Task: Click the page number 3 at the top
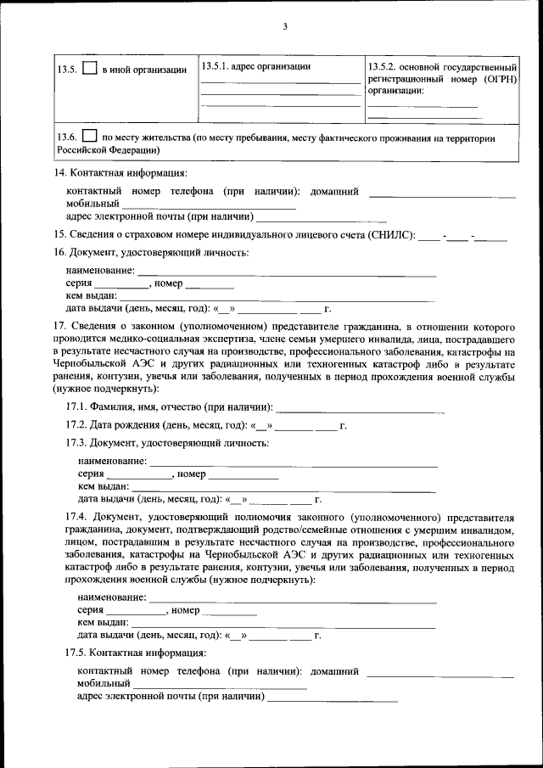click(285, 27)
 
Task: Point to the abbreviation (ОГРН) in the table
click(495, 78)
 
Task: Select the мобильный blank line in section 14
click(209, 205)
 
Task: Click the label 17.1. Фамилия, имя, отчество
click(170, 407)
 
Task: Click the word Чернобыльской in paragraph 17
click(91, 363)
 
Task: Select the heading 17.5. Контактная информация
click(136, 653)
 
